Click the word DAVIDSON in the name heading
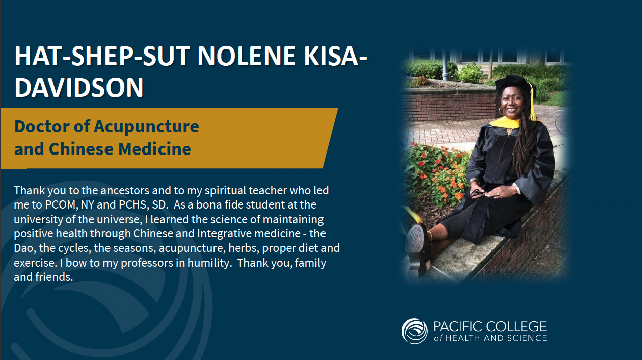tap(79, 87)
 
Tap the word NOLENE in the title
tap(246, 56)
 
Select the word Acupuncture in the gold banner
tap(146, 127)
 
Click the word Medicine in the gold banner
tap(154, 149)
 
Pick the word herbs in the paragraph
tap(244, 248)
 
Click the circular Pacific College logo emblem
tap(415, 331)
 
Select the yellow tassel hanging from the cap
tap(533, 102)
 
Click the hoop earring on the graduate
tap(501, 111)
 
